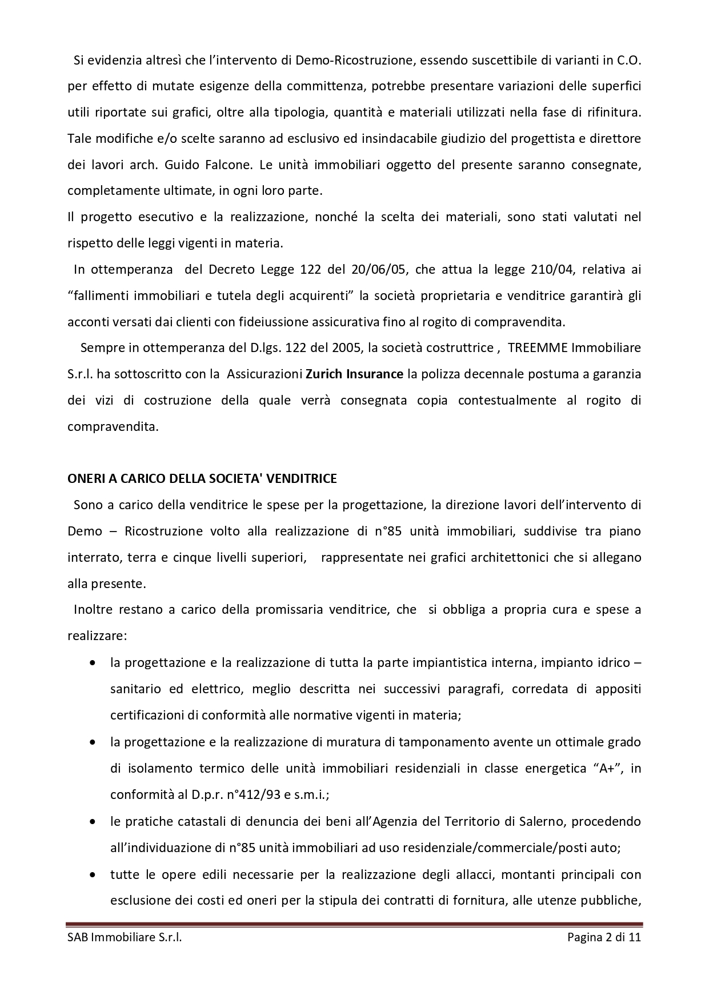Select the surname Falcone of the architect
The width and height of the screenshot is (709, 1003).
coord(231,165)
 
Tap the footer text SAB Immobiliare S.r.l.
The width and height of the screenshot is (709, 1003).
coord(125,937)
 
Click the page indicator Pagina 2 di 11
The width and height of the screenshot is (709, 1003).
coord(604,937)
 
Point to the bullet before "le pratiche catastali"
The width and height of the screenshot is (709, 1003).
coord(93,822)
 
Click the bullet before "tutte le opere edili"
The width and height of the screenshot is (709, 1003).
coord(93,875)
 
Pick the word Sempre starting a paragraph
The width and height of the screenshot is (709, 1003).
coord(99,348)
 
